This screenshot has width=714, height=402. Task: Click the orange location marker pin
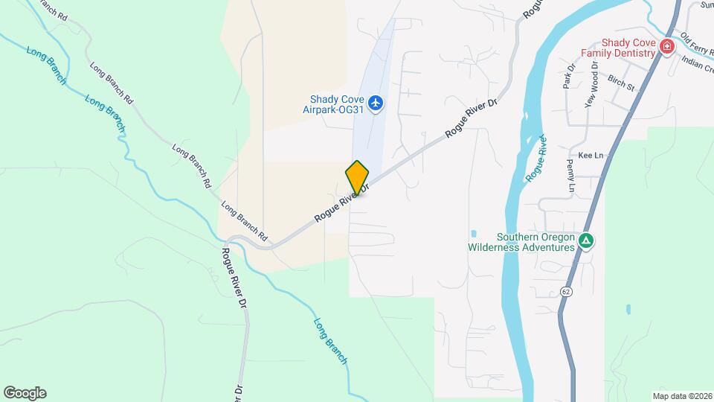(357, 177)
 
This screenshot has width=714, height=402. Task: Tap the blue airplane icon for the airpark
(376, 102)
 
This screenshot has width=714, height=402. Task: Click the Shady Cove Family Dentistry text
(618, 48)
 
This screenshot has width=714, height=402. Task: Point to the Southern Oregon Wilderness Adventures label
(521, 242)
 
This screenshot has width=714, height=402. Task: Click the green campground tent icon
(586, 240)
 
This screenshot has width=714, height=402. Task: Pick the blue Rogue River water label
(536, 159)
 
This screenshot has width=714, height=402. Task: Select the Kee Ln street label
(589, 155)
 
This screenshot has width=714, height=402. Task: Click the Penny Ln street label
(571, 176)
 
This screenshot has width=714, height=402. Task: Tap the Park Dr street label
(570, 77)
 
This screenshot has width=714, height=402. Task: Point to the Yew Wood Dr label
(592, 86)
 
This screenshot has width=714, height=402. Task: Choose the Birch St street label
(620, 83)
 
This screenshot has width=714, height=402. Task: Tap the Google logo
(25, 393)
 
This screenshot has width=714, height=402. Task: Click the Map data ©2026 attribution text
(681, 395)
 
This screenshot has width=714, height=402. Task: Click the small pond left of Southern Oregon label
(473, 232)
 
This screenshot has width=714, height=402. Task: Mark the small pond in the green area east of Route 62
(630, 308)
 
